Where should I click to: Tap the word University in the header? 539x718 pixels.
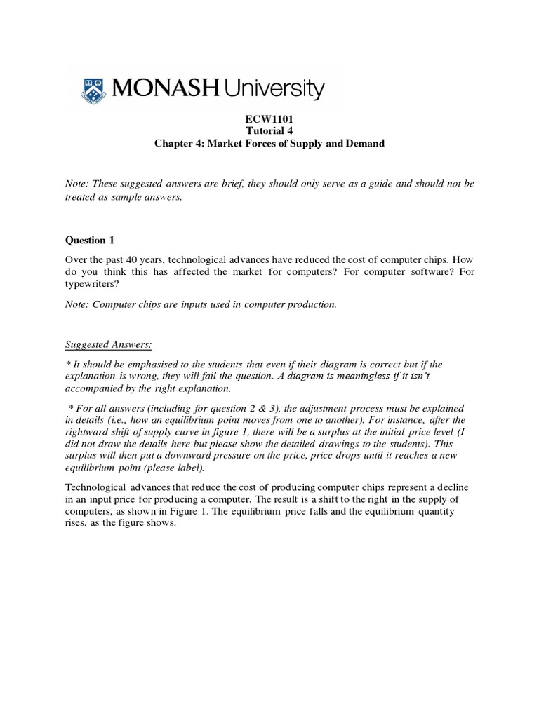[x=274, y=89]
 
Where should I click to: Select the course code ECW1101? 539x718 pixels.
[x=269, y=120]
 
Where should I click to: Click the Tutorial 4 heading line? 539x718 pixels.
[x=269, y=131]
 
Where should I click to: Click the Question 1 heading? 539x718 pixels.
[x=89, y=241]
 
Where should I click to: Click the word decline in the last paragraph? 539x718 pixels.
[x=458, y=487]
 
